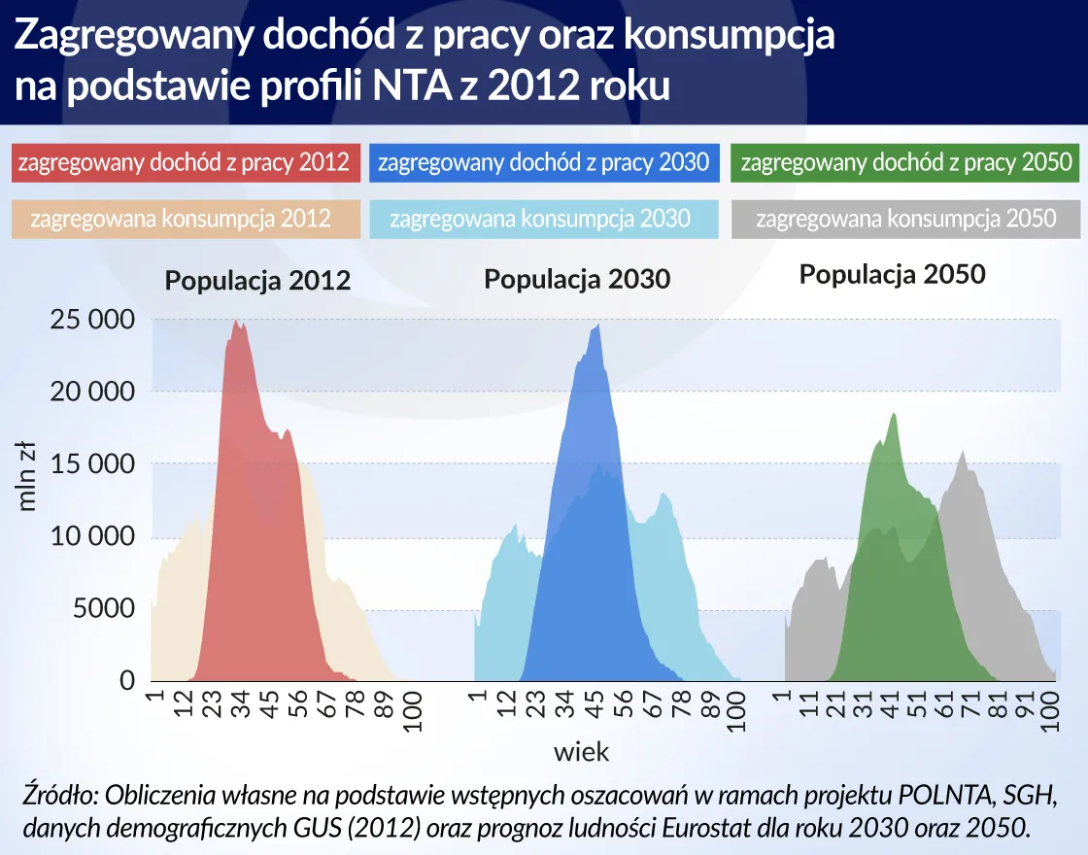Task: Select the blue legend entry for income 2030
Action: pyautogui.click(x=544, y=162)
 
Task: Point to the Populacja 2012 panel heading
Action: pyautogui.click(x=257, y=282)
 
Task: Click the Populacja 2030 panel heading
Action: pyautogui.click(x=577, y=280)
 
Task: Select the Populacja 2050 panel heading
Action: pyautogui.click(x=892, y=275)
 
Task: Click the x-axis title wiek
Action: pyautogui.click(x=581, y=751)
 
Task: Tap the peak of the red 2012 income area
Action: pyautogui.click(x=236, y=322)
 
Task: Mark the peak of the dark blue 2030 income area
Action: pyautogui.click(x=598, y=325)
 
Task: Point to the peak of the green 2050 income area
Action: pyautogui.click(x=892, y=413)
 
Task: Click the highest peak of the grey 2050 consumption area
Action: pyautogui.click(x=963, y=452)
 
